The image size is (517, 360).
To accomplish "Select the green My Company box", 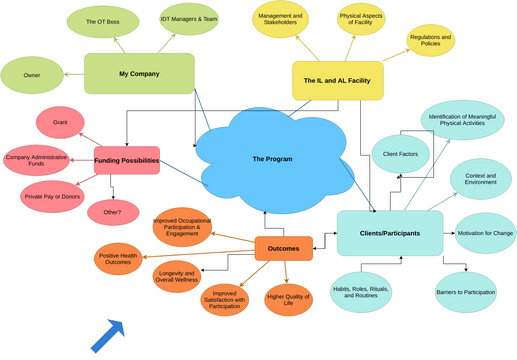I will coord(138,74).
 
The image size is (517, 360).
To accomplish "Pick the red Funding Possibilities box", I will coord(126,161).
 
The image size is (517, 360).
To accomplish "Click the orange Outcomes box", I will coord(283,247).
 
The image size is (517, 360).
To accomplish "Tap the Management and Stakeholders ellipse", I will coord(280,21).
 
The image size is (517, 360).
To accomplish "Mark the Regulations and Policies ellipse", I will coord(430,40).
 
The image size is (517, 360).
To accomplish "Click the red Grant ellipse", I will coord(60,123).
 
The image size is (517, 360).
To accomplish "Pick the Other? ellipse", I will coord(113,212).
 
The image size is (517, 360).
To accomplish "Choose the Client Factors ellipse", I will coord(399,154).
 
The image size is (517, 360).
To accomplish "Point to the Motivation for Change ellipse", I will coord(485,233).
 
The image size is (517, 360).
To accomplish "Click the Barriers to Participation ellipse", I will coord(466,293).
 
